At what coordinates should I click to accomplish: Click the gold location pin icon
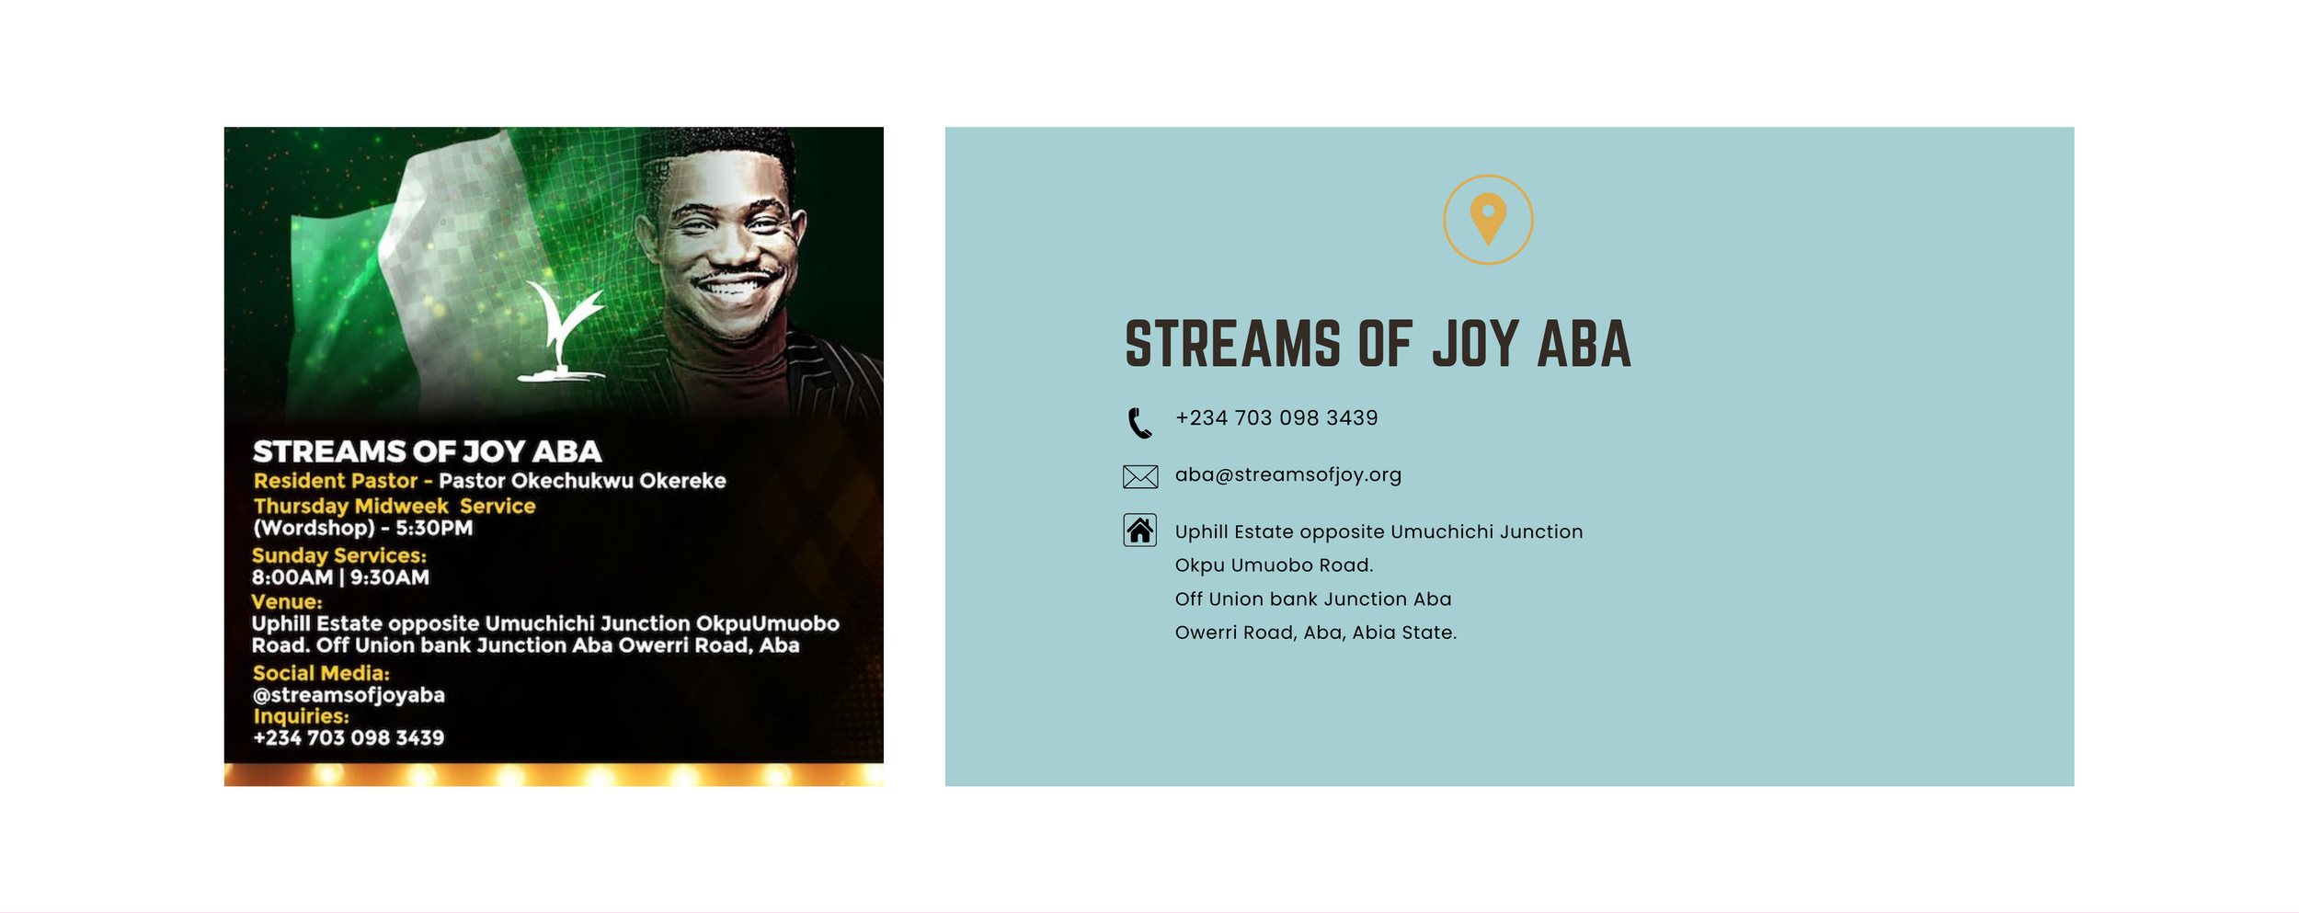point(1488,219)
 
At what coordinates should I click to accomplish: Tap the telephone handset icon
point(1139,422)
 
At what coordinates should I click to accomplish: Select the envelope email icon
point(1140,476)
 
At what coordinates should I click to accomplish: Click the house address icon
point(1140,531)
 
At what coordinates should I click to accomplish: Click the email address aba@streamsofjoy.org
point(1288,474)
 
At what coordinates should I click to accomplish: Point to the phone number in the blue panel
point(1276,417)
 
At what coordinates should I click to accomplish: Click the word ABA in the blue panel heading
point(1584,344)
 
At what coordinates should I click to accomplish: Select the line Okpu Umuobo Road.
point(1274,565)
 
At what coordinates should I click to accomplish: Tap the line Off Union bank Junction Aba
point(1313,599)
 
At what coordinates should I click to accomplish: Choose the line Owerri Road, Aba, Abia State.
point(1316,633)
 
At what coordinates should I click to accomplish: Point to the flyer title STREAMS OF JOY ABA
point(427,451)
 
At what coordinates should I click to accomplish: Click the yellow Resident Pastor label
point(336,481)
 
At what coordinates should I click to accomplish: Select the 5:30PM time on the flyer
point(434,528)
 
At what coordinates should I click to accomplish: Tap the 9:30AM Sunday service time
point(390,577)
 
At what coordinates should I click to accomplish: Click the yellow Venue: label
point(287,602)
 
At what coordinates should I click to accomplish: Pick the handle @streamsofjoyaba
point(349,695)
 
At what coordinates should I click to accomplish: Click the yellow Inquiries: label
point(301,716)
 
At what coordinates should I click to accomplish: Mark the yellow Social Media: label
point(321,673)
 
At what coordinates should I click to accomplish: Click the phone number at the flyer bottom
point(349,737)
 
